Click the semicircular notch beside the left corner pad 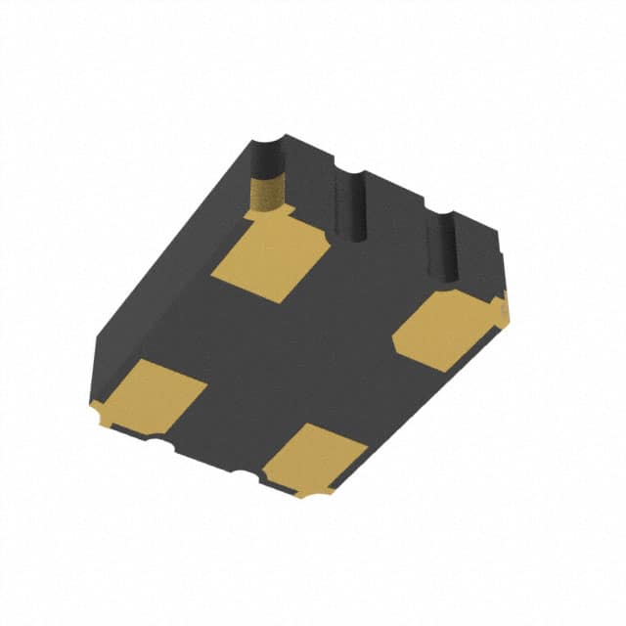156,442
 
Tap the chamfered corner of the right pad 399,343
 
